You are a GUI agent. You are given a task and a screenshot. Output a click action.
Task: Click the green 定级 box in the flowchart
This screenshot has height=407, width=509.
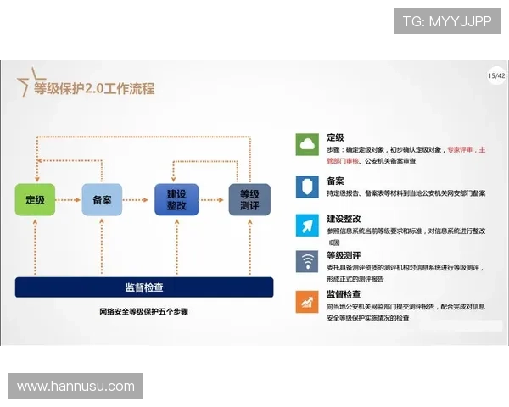[x=35, y=200]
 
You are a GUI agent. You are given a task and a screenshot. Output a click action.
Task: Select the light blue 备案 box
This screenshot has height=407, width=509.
[x=102, y=200]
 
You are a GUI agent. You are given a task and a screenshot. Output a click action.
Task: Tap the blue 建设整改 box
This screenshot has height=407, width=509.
[x=176, y=200]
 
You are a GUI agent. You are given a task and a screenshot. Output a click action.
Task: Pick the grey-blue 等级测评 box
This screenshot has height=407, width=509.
[x=249, y=200]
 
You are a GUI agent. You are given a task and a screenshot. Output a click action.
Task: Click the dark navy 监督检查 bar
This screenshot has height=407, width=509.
[x=144, y=287]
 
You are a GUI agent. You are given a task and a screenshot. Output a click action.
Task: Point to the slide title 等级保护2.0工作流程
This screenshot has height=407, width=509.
[x=94, y=88]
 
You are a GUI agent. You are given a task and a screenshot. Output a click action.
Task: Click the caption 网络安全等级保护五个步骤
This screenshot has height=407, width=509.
[x=143, y=312]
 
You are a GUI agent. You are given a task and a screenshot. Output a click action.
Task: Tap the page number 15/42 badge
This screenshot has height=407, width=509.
[x=496, y=76]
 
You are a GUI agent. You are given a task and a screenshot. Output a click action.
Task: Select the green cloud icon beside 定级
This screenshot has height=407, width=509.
[x=306, y=145]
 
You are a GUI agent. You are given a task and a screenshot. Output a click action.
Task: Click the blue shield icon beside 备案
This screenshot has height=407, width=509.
[x=306, y=186]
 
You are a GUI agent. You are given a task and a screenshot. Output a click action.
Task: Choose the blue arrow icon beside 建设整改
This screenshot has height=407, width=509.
[x=306, y=224]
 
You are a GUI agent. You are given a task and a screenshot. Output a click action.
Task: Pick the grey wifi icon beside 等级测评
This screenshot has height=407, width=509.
[x=306, y=261]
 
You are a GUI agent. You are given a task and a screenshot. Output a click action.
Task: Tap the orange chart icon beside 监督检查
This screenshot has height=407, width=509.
[x=306, y=301]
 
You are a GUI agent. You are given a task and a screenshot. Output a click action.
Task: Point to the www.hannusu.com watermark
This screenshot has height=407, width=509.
[x=76, y=387]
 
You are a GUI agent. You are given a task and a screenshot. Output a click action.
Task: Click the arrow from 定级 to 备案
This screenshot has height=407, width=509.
[x=68, y=200]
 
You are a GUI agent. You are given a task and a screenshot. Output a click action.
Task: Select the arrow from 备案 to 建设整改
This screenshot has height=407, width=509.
[x=138, y=200]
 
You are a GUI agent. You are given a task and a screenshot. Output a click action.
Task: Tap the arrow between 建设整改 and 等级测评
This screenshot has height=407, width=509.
[x=213, y=200]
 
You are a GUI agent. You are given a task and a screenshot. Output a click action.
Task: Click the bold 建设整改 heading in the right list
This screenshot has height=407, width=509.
[x=344, y=218]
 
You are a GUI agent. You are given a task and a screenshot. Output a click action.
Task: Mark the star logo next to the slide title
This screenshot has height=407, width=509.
[x=25, y=83]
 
